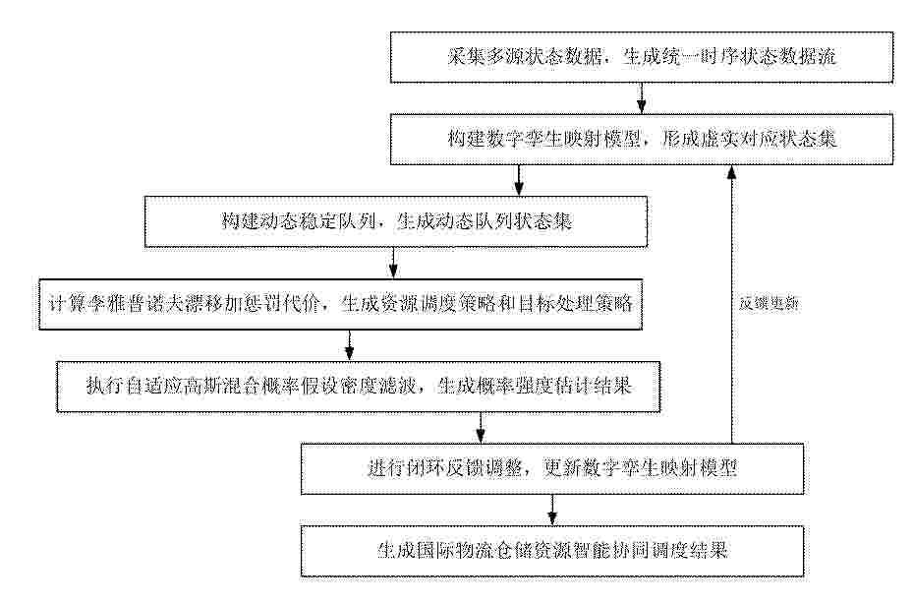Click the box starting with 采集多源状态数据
641,57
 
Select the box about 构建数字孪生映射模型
641,140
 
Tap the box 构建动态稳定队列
396,221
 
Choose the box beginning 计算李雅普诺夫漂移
341,304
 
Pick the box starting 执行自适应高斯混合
358,387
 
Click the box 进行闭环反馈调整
552,468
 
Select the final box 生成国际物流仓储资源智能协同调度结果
552,551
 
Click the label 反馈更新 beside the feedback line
769,304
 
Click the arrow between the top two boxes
641,98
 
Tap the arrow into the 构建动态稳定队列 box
518,181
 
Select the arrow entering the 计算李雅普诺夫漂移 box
393,263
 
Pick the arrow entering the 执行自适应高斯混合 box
349,345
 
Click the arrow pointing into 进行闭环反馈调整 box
481,428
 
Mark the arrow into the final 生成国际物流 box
552,510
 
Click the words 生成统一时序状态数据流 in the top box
730,56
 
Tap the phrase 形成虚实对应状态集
750,139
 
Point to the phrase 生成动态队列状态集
485,221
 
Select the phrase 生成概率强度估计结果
535,386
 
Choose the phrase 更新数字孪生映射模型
641,468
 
